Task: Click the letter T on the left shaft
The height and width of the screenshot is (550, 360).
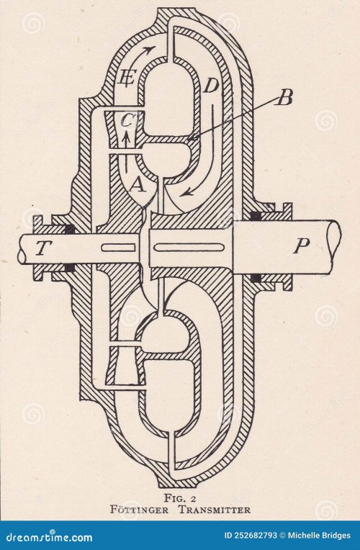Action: (42, 248)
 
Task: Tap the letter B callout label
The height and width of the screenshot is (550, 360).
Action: (284, 98)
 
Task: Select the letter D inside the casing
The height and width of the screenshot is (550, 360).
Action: (211, 86)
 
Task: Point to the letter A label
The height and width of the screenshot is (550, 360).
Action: (138, 185)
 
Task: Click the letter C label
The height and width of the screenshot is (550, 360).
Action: (126, 121)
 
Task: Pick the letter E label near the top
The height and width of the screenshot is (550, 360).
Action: (127, 77)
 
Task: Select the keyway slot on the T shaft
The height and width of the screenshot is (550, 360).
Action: (118, 248)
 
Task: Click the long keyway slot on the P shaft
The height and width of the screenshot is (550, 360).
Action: (189, 248)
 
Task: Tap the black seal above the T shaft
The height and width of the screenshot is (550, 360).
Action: (70, 230)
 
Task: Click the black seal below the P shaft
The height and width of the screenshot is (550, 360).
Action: (256, 279)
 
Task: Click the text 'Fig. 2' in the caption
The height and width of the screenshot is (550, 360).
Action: (180, 498)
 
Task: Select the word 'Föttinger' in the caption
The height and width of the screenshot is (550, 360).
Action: (139, 509)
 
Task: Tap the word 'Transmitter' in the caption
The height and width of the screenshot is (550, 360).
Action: (215, 510)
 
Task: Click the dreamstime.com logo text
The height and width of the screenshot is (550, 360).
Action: (47, 536)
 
